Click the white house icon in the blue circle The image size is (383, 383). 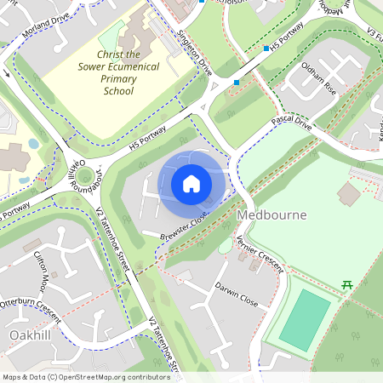point(191,184)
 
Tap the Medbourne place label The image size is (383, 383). point(272,215)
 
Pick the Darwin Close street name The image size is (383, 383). point(236,294)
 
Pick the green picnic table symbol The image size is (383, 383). point(346,286)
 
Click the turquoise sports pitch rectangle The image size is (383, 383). point(305,319)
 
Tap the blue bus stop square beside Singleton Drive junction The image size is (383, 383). point(237,82)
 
